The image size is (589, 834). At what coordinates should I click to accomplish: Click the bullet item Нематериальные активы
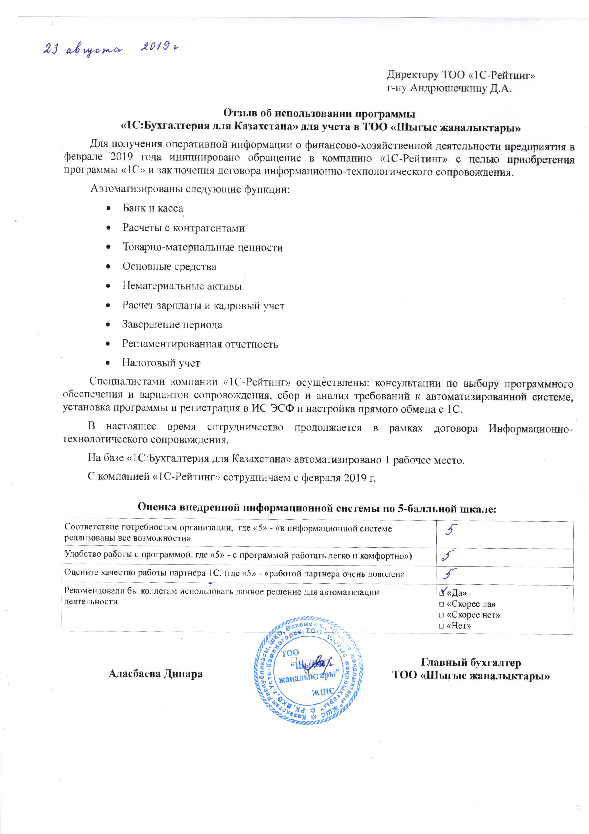182,286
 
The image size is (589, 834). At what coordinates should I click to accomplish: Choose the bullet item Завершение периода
172,324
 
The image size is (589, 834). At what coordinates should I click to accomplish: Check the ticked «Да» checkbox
442,593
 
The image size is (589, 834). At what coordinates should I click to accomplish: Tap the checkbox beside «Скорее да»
441,604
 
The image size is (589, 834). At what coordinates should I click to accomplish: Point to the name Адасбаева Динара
156,674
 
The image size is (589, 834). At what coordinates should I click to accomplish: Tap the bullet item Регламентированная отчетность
200,344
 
